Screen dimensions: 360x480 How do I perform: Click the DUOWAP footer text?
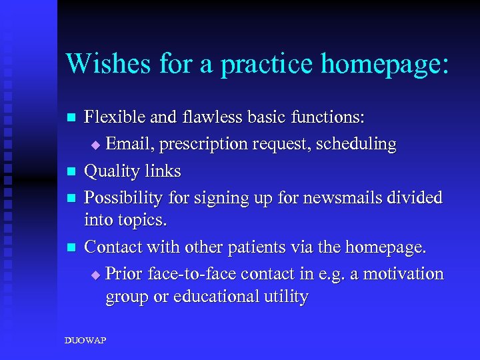(85, 341)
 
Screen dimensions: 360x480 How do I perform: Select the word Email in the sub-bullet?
(129, 144)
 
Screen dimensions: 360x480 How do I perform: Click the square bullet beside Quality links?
(72, 172)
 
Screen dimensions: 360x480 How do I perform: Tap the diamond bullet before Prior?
(95, 275)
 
